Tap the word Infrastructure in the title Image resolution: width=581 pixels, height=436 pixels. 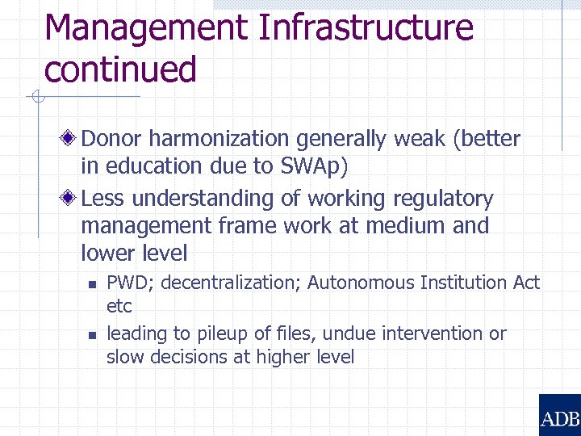[366, 27]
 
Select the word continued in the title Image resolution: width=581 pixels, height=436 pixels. [120, 69]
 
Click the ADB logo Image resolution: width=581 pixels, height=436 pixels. [559, 415]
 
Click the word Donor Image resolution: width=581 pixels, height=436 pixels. [111, 139]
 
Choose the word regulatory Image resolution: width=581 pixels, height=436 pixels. [443, 199]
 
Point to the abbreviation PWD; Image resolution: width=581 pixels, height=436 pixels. [125, 283]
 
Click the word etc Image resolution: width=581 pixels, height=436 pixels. [119, 306]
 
